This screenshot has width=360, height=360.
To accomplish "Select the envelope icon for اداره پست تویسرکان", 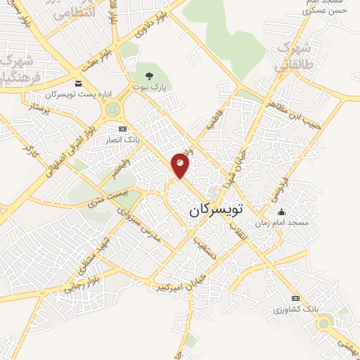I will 78,84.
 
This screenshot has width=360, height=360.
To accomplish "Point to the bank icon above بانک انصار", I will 123,129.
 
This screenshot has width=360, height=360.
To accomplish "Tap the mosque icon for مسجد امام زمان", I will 282,212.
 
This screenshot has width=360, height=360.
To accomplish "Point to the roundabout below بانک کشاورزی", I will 323,323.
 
